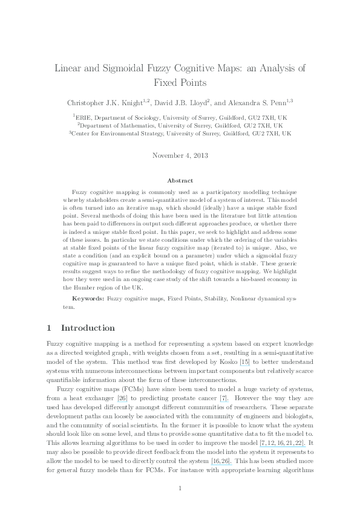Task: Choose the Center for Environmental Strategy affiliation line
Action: point(180,134)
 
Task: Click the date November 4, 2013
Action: point(180,155)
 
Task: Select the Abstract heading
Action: point(180,180)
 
